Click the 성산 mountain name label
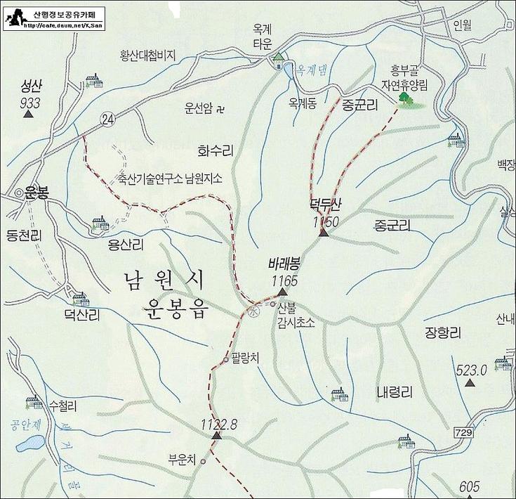[x=32, y=87]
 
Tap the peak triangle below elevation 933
[x=29, y=114]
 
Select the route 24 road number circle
[x=107, y=119]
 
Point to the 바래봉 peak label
[x=284, y=266]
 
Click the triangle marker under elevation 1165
[x=282, y=292]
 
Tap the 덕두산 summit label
[x=324, y=205]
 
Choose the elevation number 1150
[x=326, y=221]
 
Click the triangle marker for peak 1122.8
[x=216, y=436]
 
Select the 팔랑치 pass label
[x=245, y=358]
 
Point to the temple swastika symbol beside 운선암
[x=220, y=109]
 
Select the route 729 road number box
[x=463, y=432]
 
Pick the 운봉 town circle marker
[x=18, y=193]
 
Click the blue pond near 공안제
[x=29, y=444]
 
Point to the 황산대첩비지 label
[x=147, y=57]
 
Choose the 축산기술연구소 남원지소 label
[x=170, y=179]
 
